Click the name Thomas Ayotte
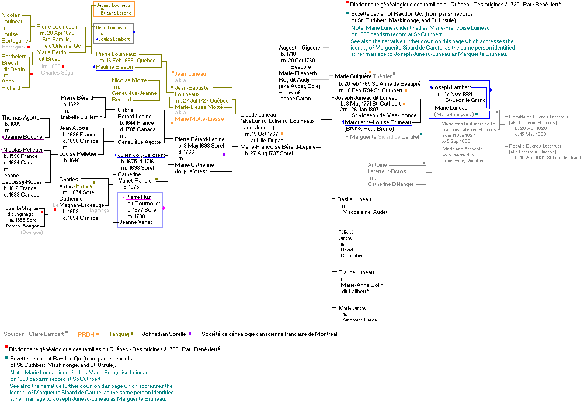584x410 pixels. click(x=19, y=118)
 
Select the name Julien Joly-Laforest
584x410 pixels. click(x=141, y=155)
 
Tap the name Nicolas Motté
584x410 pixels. click(x=130, y=80)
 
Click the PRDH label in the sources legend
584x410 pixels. click(x=86, y=334)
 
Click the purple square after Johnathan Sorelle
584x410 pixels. click(x=190, y=334)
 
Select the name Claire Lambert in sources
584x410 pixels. click(x=46, y=334)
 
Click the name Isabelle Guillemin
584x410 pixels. click(x=82, y=117)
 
